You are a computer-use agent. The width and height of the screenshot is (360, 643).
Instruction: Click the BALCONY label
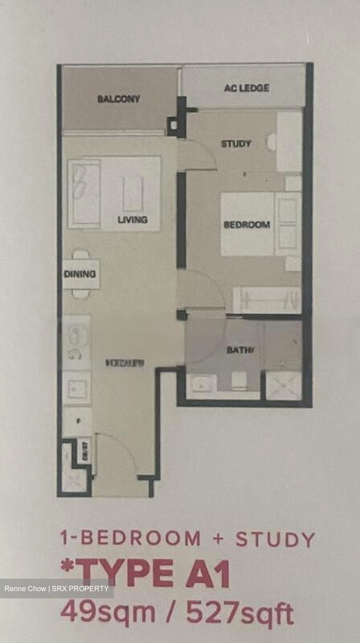119,99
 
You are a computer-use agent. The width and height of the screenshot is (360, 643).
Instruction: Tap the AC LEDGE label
247,88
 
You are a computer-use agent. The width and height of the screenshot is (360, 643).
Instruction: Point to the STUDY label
236,144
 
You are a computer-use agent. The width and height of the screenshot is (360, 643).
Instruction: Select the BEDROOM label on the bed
247,225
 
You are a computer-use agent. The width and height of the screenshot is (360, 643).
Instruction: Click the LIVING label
133,220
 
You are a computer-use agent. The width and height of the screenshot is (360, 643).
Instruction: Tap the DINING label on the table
80,274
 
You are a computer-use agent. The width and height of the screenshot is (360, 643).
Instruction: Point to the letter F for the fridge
79,421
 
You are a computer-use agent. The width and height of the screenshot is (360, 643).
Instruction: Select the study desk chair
271,142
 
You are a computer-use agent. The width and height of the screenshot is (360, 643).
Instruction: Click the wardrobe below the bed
267,300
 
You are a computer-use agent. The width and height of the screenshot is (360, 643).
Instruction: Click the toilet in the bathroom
239,380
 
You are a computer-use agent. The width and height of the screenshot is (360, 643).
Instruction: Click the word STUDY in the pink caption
275,539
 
